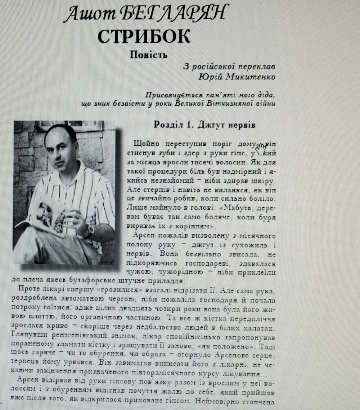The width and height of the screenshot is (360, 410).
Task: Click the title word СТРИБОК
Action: pyautogui.click(x=144, y=36)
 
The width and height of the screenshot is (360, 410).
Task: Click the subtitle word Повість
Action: pyautogui.click(x=149, y=55)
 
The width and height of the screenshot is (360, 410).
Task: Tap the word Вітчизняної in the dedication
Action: pyautogui.click(x=231, y=104)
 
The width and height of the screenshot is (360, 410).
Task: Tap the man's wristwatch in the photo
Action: pyautogui.click(x=89, y=231)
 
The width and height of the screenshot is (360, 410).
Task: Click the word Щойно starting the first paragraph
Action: pyautogui.click(x=144, y=143)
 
